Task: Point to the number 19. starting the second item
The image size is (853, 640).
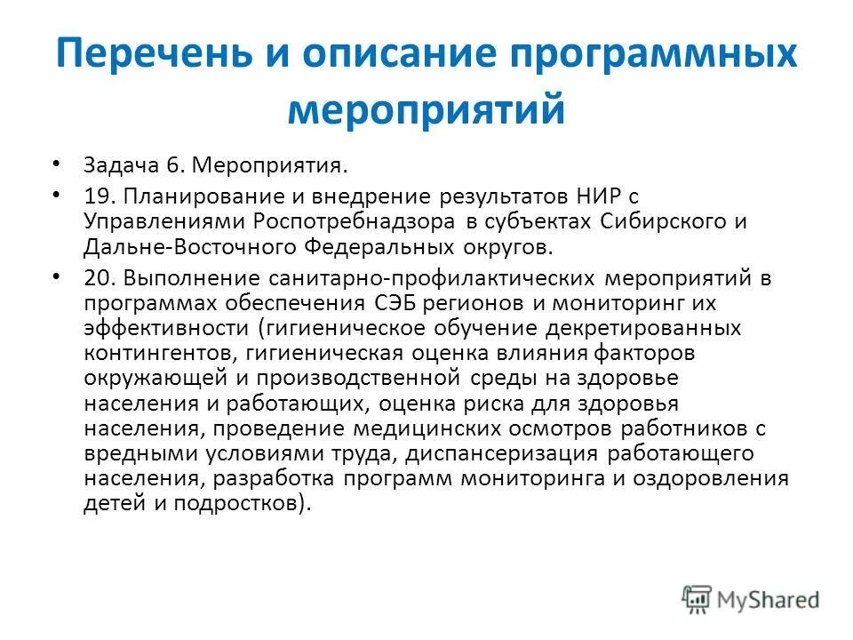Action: point(98,195)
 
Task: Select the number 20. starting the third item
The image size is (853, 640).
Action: point(100,277)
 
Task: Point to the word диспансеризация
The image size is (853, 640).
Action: point(522,453)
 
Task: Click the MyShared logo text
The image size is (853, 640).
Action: point(769,598)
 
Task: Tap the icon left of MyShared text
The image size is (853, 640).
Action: point(697,598)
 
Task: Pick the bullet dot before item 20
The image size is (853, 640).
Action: point(57,276)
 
